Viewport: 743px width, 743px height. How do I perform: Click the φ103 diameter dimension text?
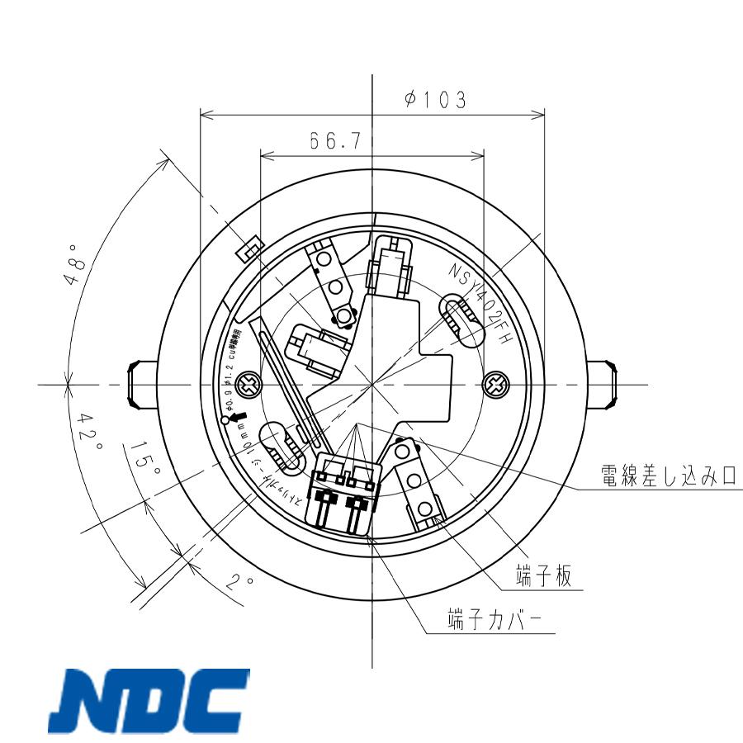pos(435,100)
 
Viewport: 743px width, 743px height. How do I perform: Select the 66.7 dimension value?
pos(335,141)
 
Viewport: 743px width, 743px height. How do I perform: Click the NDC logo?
pos(149,703)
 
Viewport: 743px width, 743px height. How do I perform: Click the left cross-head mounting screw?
pos(247,384)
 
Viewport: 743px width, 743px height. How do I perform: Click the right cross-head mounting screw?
pos(497,384)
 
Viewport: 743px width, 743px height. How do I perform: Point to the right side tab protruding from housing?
pos(603,385)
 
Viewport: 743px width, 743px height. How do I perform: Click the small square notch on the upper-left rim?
pos(248,248)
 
